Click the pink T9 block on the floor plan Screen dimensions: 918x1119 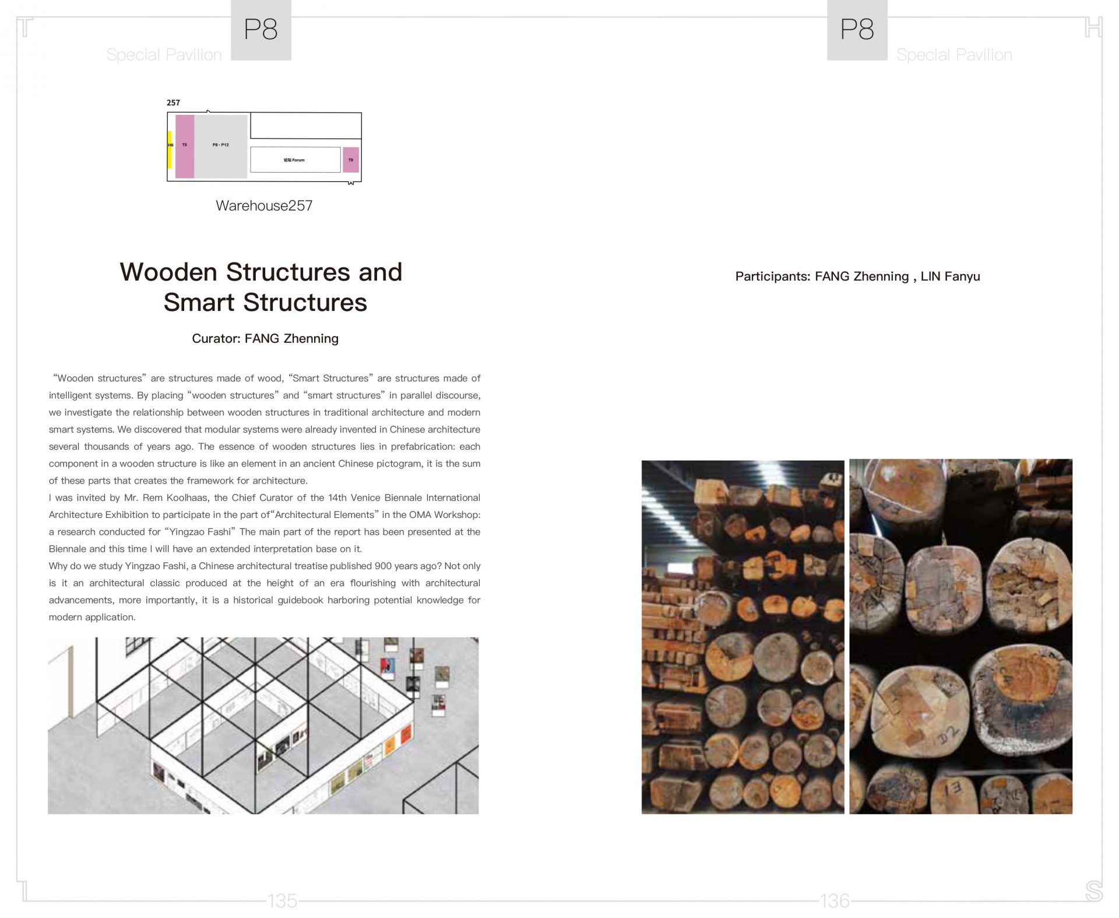pos(350,160)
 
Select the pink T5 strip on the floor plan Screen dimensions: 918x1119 pos(185,146)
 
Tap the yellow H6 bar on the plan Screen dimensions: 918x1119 pos(170,149)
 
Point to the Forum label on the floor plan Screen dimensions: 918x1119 pos(294,160)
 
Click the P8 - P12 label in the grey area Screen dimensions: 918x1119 pos(220,145)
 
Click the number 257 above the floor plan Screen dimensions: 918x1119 pos(173,103)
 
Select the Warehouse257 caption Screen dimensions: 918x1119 pos(264,205)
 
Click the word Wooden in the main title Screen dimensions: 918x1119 pos(168,272)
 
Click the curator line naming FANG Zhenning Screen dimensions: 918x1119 pos(265,338)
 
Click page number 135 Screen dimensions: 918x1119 pos(282,901)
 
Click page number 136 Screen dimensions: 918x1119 pos(835,901)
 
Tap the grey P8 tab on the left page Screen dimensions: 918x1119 pos(261,30)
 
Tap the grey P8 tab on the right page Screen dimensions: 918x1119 pos(857,30)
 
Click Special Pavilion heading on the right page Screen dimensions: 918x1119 pos(954,55)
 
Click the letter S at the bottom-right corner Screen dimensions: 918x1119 pos(1093,891)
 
